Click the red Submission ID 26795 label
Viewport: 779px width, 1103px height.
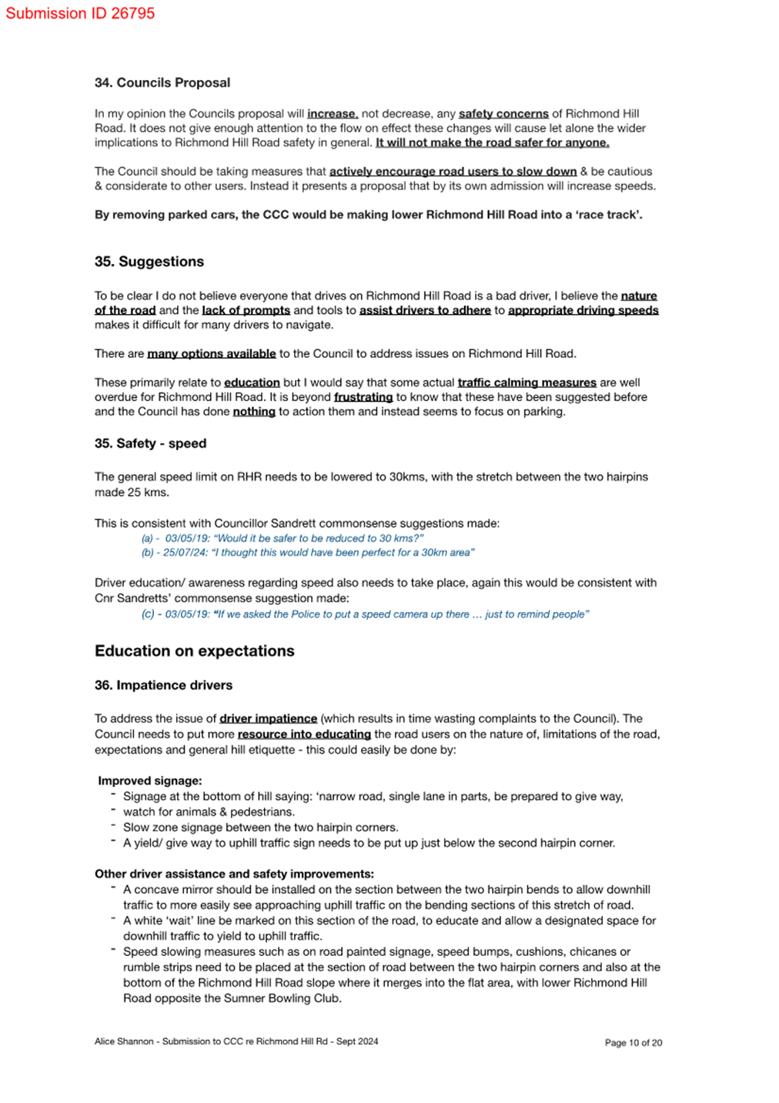click(x=80, y=13)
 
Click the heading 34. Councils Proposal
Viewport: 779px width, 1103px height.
click(x=162, y=82)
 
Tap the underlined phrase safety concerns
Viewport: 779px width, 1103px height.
click(x=503, y=113)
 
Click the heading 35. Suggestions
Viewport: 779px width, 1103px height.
click(x=149, y=262)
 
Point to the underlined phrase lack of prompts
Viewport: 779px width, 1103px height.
click(x=246, y=310)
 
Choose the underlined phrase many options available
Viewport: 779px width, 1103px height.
click(x=211, y=353)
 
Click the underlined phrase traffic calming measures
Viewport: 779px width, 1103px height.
click(x=527, y=383)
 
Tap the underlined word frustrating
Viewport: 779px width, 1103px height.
click(x=363, y=397)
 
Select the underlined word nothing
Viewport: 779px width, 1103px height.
click(x=254, y=412)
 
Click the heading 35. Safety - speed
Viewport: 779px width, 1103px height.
click(x=150, y=443)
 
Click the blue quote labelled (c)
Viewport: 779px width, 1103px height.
click(x=365, y=614)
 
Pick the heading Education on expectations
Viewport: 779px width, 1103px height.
click(x=194, y=650)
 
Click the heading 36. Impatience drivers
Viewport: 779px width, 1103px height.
click(x=163, y=685)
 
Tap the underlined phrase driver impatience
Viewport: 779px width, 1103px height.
click(x=268, y=718)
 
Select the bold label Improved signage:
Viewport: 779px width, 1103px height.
click(x=150, y=780)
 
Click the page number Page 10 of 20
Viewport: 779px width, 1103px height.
click(x=633, y=1043)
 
